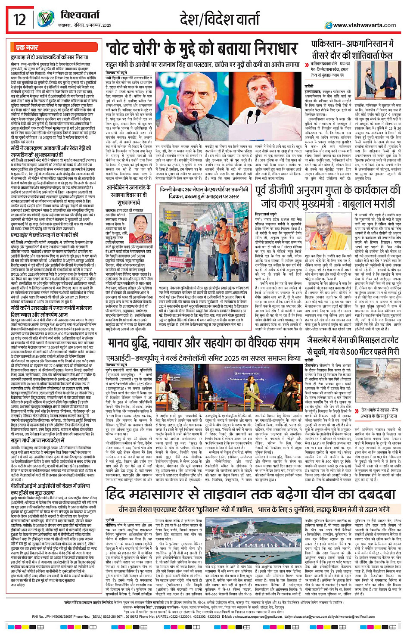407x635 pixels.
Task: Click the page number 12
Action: (19, 19)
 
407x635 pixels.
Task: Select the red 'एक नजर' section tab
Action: (27, 47)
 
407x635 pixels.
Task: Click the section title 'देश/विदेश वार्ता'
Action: (220, 20)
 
